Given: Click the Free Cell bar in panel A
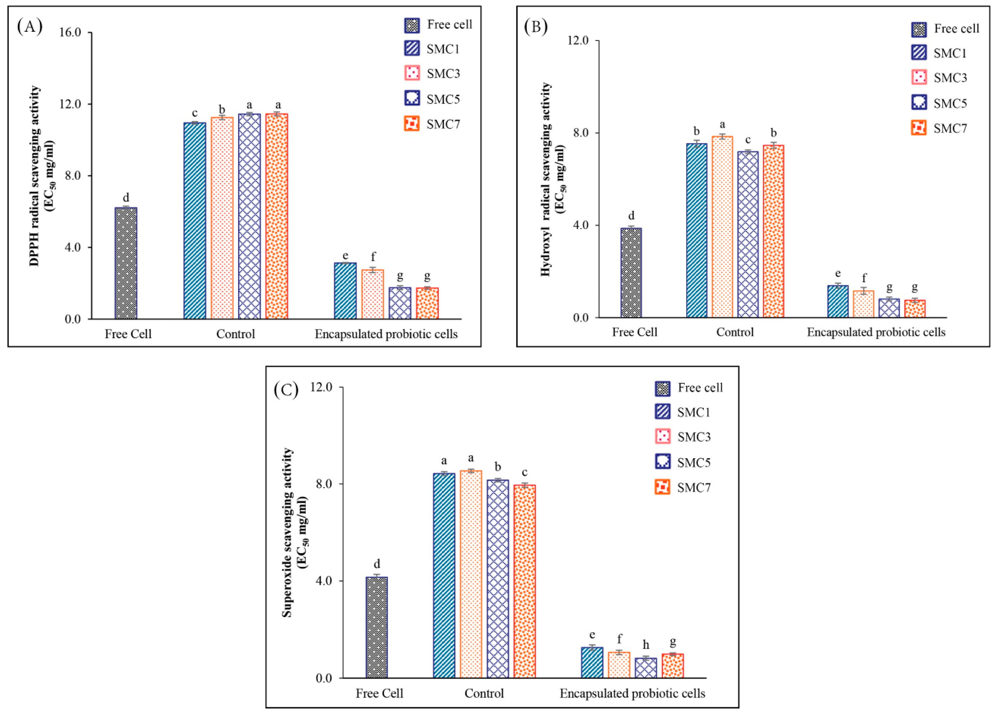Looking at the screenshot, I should coord(126,263).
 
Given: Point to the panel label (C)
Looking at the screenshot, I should coord(286,389).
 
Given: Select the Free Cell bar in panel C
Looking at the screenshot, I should coord(377,627).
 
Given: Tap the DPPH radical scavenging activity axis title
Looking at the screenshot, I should coord(35,175).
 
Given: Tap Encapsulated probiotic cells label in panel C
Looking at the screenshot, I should coord(632,694).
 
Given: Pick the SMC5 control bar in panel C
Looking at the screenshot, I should coord(497,579).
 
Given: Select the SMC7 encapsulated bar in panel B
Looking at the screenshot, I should coord(915,308).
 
